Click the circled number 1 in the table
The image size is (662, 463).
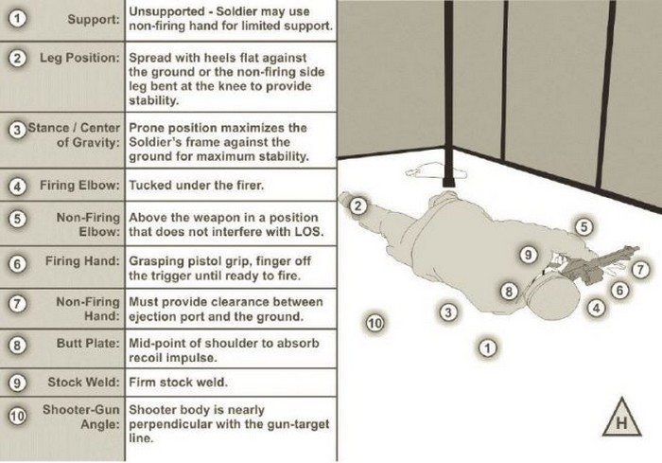tap(17, 19)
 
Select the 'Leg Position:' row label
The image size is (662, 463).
tap(79, 58)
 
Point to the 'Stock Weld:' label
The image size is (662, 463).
tap(83, 383)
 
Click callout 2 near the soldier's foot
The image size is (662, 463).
tap(357, 205)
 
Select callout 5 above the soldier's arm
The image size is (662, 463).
tap(584, 226)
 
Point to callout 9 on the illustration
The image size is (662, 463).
tap(529, 254)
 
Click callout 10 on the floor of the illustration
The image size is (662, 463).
tap(375, 323)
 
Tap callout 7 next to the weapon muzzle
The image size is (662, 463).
tap(639, 269)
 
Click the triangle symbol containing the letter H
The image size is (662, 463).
tap(621, 418)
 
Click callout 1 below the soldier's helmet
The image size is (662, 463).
tap(487, 347)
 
